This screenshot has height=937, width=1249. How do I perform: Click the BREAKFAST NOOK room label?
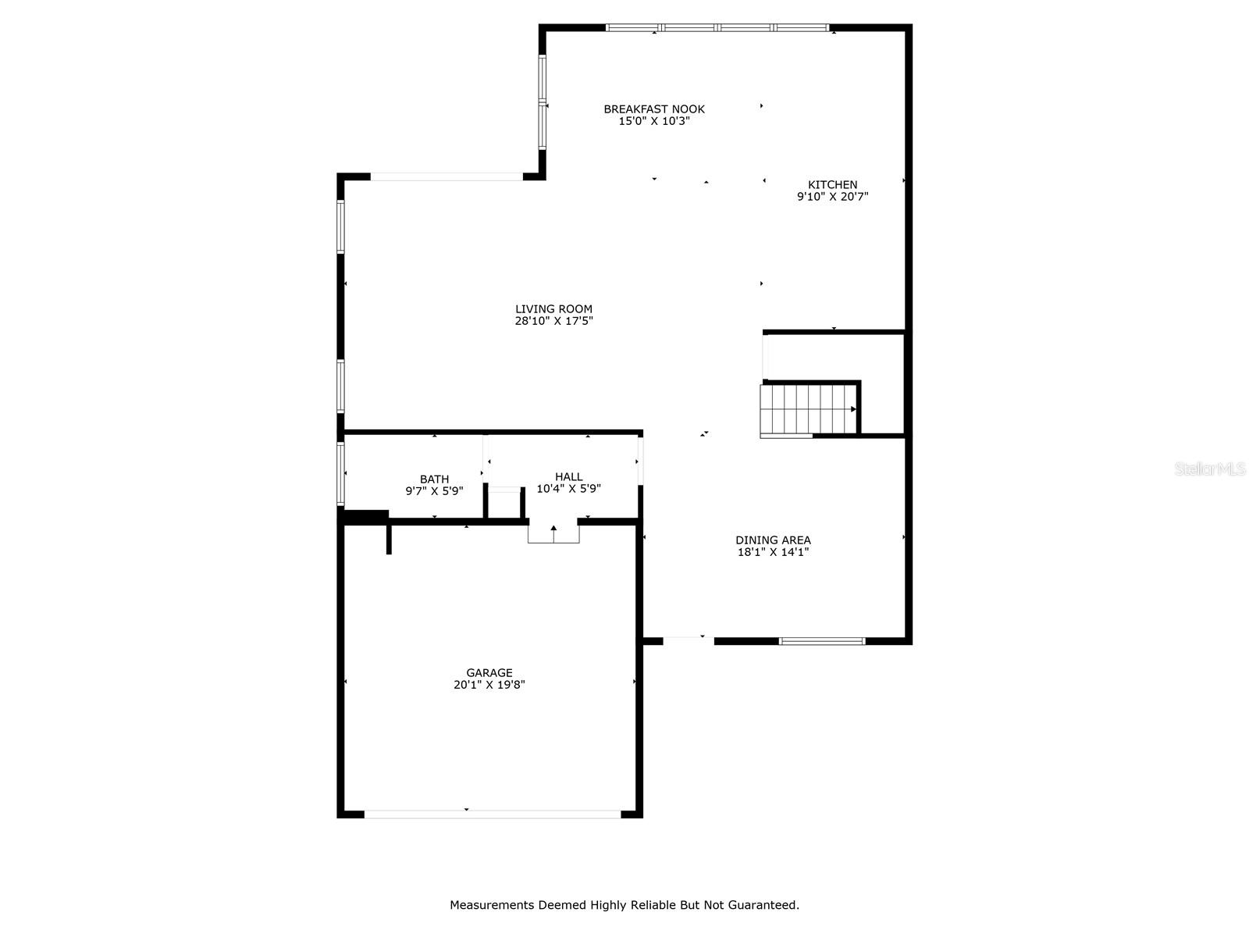coord(654,109)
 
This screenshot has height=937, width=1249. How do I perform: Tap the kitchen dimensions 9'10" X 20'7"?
coord(832,198)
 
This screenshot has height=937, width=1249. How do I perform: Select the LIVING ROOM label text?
coord(553,309)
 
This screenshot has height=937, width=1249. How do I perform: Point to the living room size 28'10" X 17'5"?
coord(553,321)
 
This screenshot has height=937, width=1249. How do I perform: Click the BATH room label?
coord(434,479)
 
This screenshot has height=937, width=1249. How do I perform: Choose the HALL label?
coord(568,477)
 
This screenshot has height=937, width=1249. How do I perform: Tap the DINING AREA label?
coord(773,540)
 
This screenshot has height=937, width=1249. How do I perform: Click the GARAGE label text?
coord(489,673)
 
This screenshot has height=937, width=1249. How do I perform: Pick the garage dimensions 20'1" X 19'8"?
coord(489,685)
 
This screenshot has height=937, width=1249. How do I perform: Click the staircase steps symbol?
coord(807,408)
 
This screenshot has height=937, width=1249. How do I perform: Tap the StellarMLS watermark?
coord(1210,469)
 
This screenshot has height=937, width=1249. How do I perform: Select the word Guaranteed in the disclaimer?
coord(763,906)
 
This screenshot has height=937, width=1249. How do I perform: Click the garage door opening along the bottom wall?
coord(492,814)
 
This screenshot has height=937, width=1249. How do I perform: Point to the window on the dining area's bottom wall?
coord(822,641)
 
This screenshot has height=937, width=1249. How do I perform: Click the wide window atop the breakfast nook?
coord(717,28)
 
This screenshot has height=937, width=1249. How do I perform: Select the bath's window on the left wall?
coord(341,474)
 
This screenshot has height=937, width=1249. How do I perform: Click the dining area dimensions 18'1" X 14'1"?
coord(773,552)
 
